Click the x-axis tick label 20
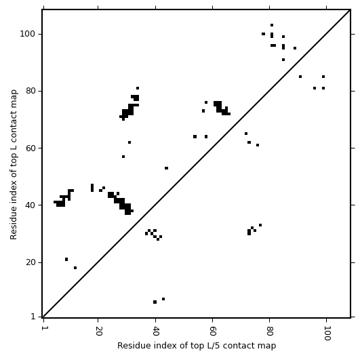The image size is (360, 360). pos(98,331)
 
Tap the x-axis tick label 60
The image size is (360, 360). pos(213,331)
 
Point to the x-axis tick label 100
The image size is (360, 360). pos(327,333)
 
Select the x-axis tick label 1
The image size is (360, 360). pos(43,328)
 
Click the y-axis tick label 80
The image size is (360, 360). pos(31,91)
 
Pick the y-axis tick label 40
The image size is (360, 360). pos(31,205)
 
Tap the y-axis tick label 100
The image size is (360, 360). pos(28,34)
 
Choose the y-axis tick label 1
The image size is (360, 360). pos(33,317)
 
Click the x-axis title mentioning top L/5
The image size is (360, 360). pos(197,346)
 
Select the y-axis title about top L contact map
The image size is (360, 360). pos(14,164)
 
